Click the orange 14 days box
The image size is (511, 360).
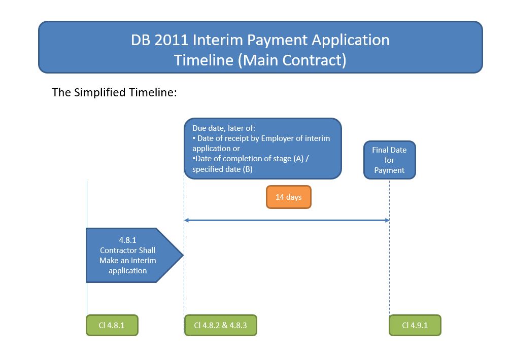coord(288,197)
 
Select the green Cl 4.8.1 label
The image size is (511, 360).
coord(112,326)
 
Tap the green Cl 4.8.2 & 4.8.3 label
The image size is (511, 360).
coord(220,326)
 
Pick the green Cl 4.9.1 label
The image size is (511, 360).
coord(415,326)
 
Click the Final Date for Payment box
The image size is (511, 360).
coord(389,160)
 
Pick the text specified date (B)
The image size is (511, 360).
coord(222,169)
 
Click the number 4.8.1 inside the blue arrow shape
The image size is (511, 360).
coord(127,240)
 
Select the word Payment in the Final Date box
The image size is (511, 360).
coord(389,170)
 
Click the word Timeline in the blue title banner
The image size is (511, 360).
coord(204,60)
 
